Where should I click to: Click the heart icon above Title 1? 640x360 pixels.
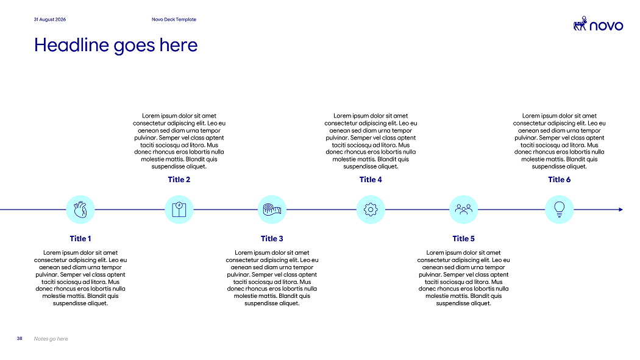click(x=80, y=210)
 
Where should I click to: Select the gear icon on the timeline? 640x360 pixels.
click(x=371, y=210)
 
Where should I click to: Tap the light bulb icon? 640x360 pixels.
click(x=559, y=210)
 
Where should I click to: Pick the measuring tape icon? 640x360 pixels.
click(x=272, y=210)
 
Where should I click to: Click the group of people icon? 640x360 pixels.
click(x=464, y=210)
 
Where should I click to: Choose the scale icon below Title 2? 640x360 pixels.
click(x=179, y=210)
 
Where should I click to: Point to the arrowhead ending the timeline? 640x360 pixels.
click(x=621, y=210)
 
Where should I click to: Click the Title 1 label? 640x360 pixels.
click(x=80, y=239)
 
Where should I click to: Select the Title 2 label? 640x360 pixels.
click(x=179, y=179)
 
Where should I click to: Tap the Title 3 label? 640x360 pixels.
click(x=272, y=239)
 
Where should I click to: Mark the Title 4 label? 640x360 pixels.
click(x=371, y=179)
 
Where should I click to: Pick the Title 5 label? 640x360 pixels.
click(x=464, y=239)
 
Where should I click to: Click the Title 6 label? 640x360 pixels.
click(x=559, y=179)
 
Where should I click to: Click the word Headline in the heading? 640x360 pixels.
click(x=73, y=45)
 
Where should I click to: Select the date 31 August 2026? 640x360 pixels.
click(x=50, y=19)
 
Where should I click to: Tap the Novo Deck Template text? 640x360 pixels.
click(x=174, y=19)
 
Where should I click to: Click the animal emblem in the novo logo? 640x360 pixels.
click(x=580, y=24)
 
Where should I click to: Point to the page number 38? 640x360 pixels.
click(x=20, y=339)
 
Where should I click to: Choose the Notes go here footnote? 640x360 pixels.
click(x=51, y=339)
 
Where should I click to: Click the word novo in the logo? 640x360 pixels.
click(x=606, y=26)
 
